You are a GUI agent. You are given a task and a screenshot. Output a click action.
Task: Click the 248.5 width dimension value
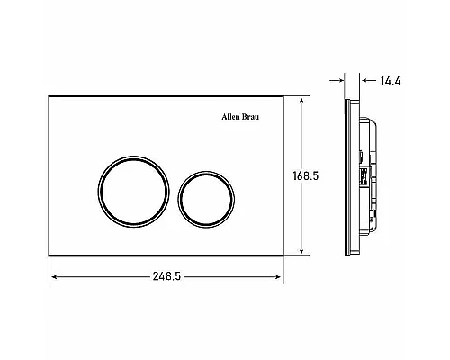[x=166, y=276]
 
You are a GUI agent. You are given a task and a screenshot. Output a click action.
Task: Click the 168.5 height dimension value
[x=306, y=175]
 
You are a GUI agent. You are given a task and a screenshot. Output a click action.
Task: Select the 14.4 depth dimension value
[x=391, y=81]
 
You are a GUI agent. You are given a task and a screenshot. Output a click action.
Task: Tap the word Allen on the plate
[x=230, y=117]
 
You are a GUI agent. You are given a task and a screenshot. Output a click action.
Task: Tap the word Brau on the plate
[x=250, y=117]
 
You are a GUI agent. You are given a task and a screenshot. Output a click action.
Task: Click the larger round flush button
[x=99, y=192]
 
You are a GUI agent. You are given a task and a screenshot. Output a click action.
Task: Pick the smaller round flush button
[x=179, y=200]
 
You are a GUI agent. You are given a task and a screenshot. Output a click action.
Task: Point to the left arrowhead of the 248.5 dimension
[x=54, y=277]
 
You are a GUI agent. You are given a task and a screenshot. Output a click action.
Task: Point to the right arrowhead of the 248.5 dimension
[x=278, y=277]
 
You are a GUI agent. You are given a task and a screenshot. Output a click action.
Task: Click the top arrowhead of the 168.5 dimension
[x=301, y=101]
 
